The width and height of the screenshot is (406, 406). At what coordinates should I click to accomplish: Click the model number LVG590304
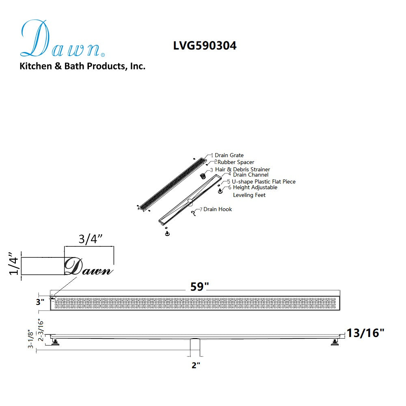coord(205,46)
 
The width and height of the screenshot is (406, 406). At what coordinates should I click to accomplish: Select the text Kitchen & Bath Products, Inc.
coord(82,66)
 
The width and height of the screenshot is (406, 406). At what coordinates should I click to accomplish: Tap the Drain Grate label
coord(229,155)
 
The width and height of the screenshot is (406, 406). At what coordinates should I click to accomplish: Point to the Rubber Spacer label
coord(236,162)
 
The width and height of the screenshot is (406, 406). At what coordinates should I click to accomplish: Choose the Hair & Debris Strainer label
coord(243,169)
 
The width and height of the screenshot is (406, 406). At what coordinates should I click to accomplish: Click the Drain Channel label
coord(251,175)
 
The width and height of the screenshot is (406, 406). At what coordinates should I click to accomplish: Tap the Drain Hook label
coord(218,209)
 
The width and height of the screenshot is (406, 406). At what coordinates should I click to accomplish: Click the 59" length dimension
coord(200,287)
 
